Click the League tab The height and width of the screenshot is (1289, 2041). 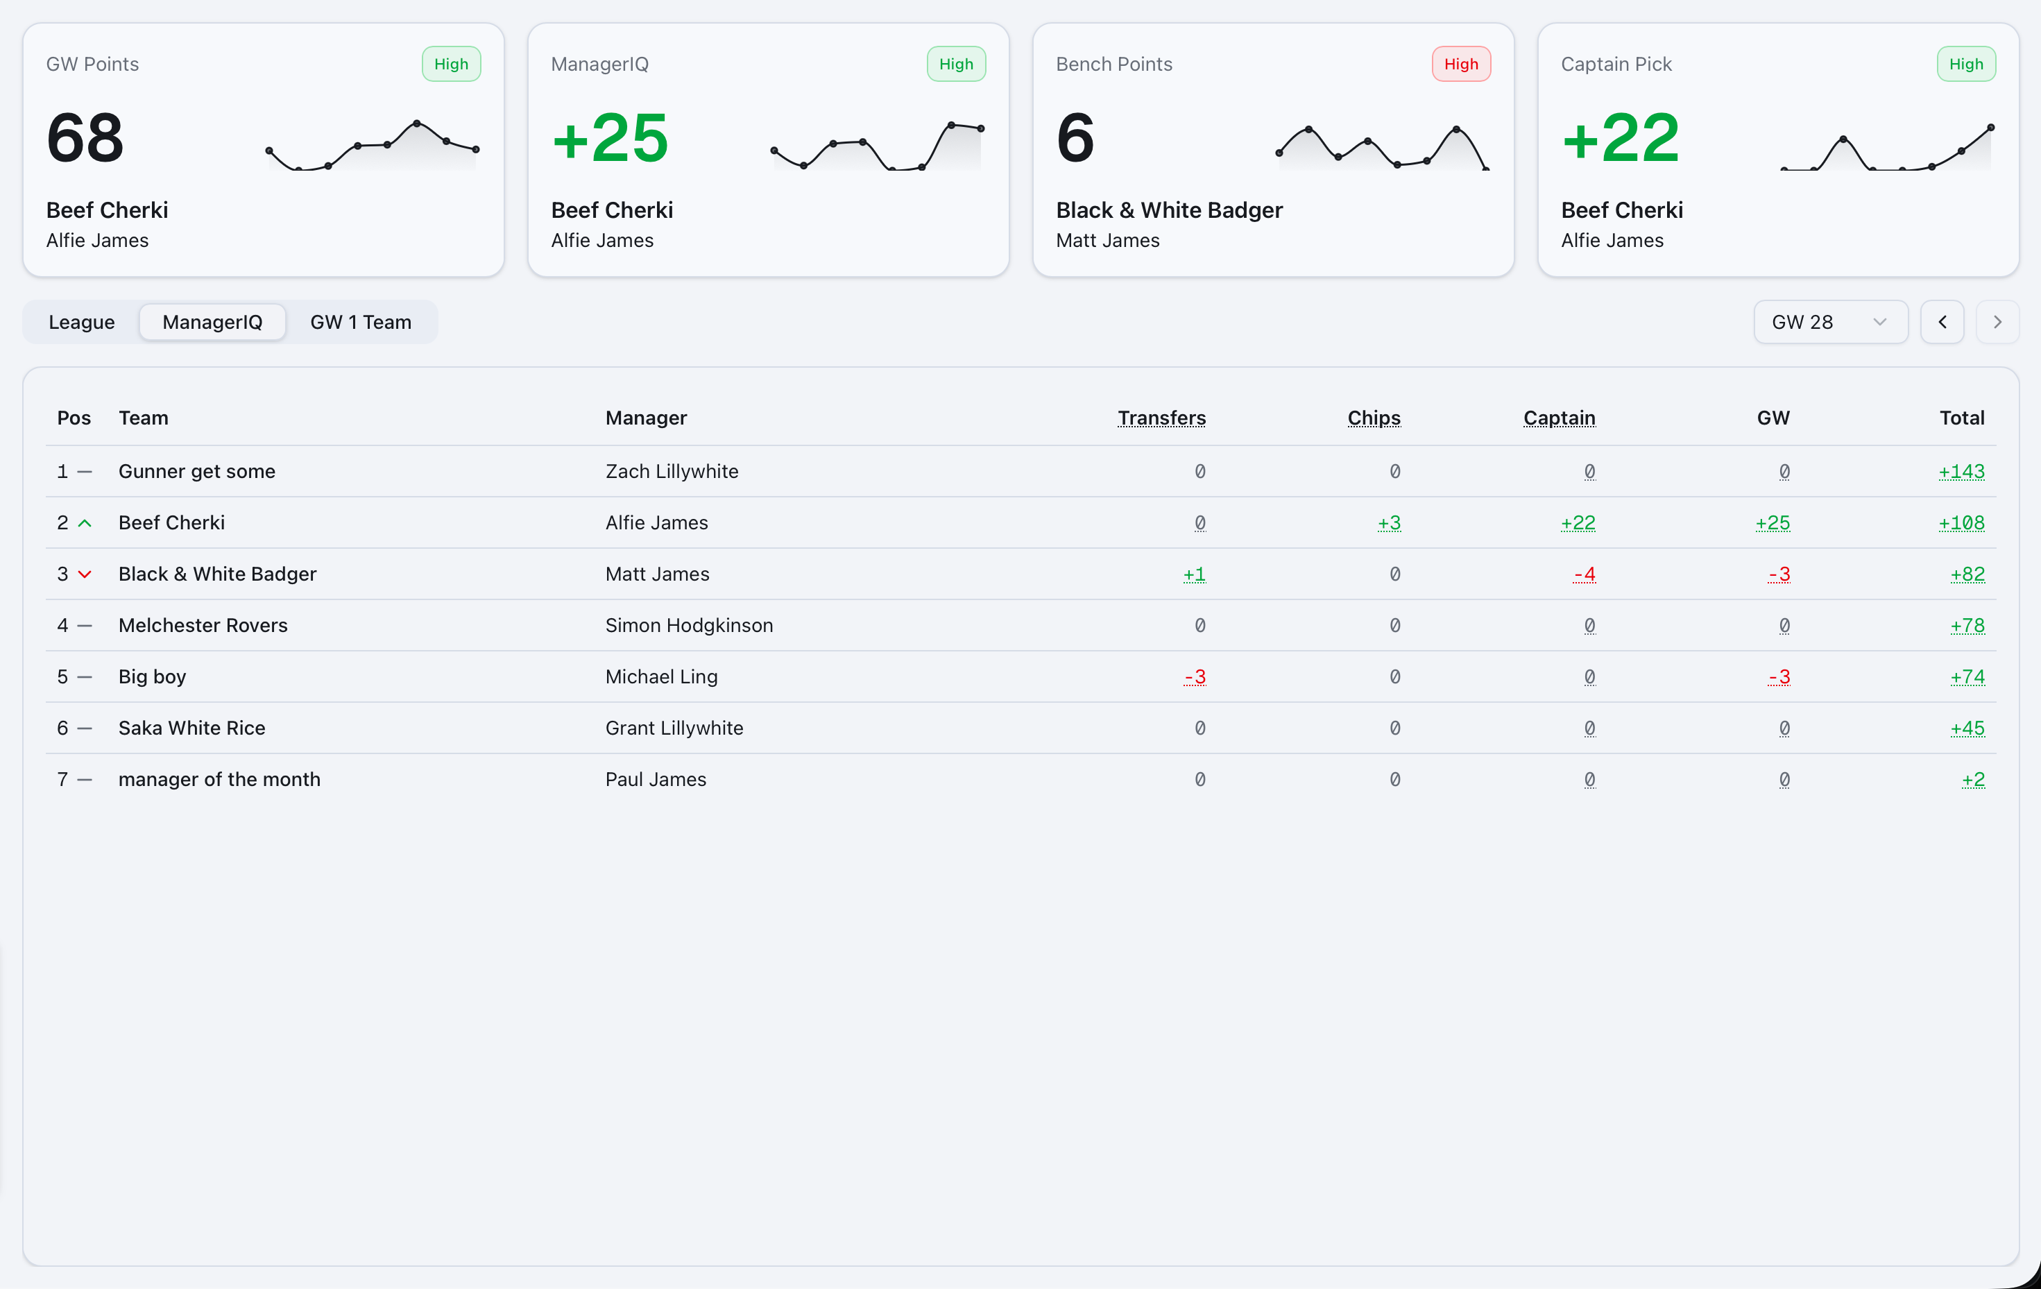81,322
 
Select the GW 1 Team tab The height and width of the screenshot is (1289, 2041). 360,322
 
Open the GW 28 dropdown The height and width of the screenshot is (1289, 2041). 1829,322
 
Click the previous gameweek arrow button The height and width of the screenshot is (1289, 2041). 1942,322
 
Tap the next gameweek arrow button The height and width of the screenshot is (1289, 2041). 1997,322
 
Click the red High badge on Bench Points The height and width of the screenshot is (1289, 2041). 1460,65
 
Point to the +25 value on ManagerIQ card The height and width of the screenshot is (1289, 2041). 610,138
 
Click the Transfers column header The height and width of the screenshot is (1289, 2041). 1161,418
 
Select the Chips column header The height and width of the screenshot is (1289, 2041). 1373,418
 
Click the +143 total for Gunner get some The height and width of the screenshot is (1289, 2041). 1961,471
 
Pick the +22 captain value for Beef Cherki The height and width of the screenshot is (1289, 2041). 1578,523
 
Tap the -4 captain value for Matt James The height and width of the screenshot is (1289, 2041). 1583,574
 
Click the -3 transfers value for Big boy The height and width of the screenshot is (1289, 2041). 1194,677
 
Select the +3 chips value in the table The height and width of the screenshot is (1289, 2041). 1388,523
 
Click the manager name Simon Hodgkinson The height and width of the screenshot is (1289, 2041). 688,626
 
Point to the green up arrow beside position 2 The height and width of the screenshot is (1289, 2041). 85,524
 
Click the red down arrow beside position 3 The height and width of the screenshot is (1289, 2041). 85,574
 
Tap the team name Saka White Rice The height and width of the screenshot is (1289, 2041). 191,728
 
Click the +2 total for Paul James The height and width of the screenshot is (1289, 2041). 1972,780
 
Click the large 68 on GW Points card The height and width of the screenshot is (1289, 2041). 85,138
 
